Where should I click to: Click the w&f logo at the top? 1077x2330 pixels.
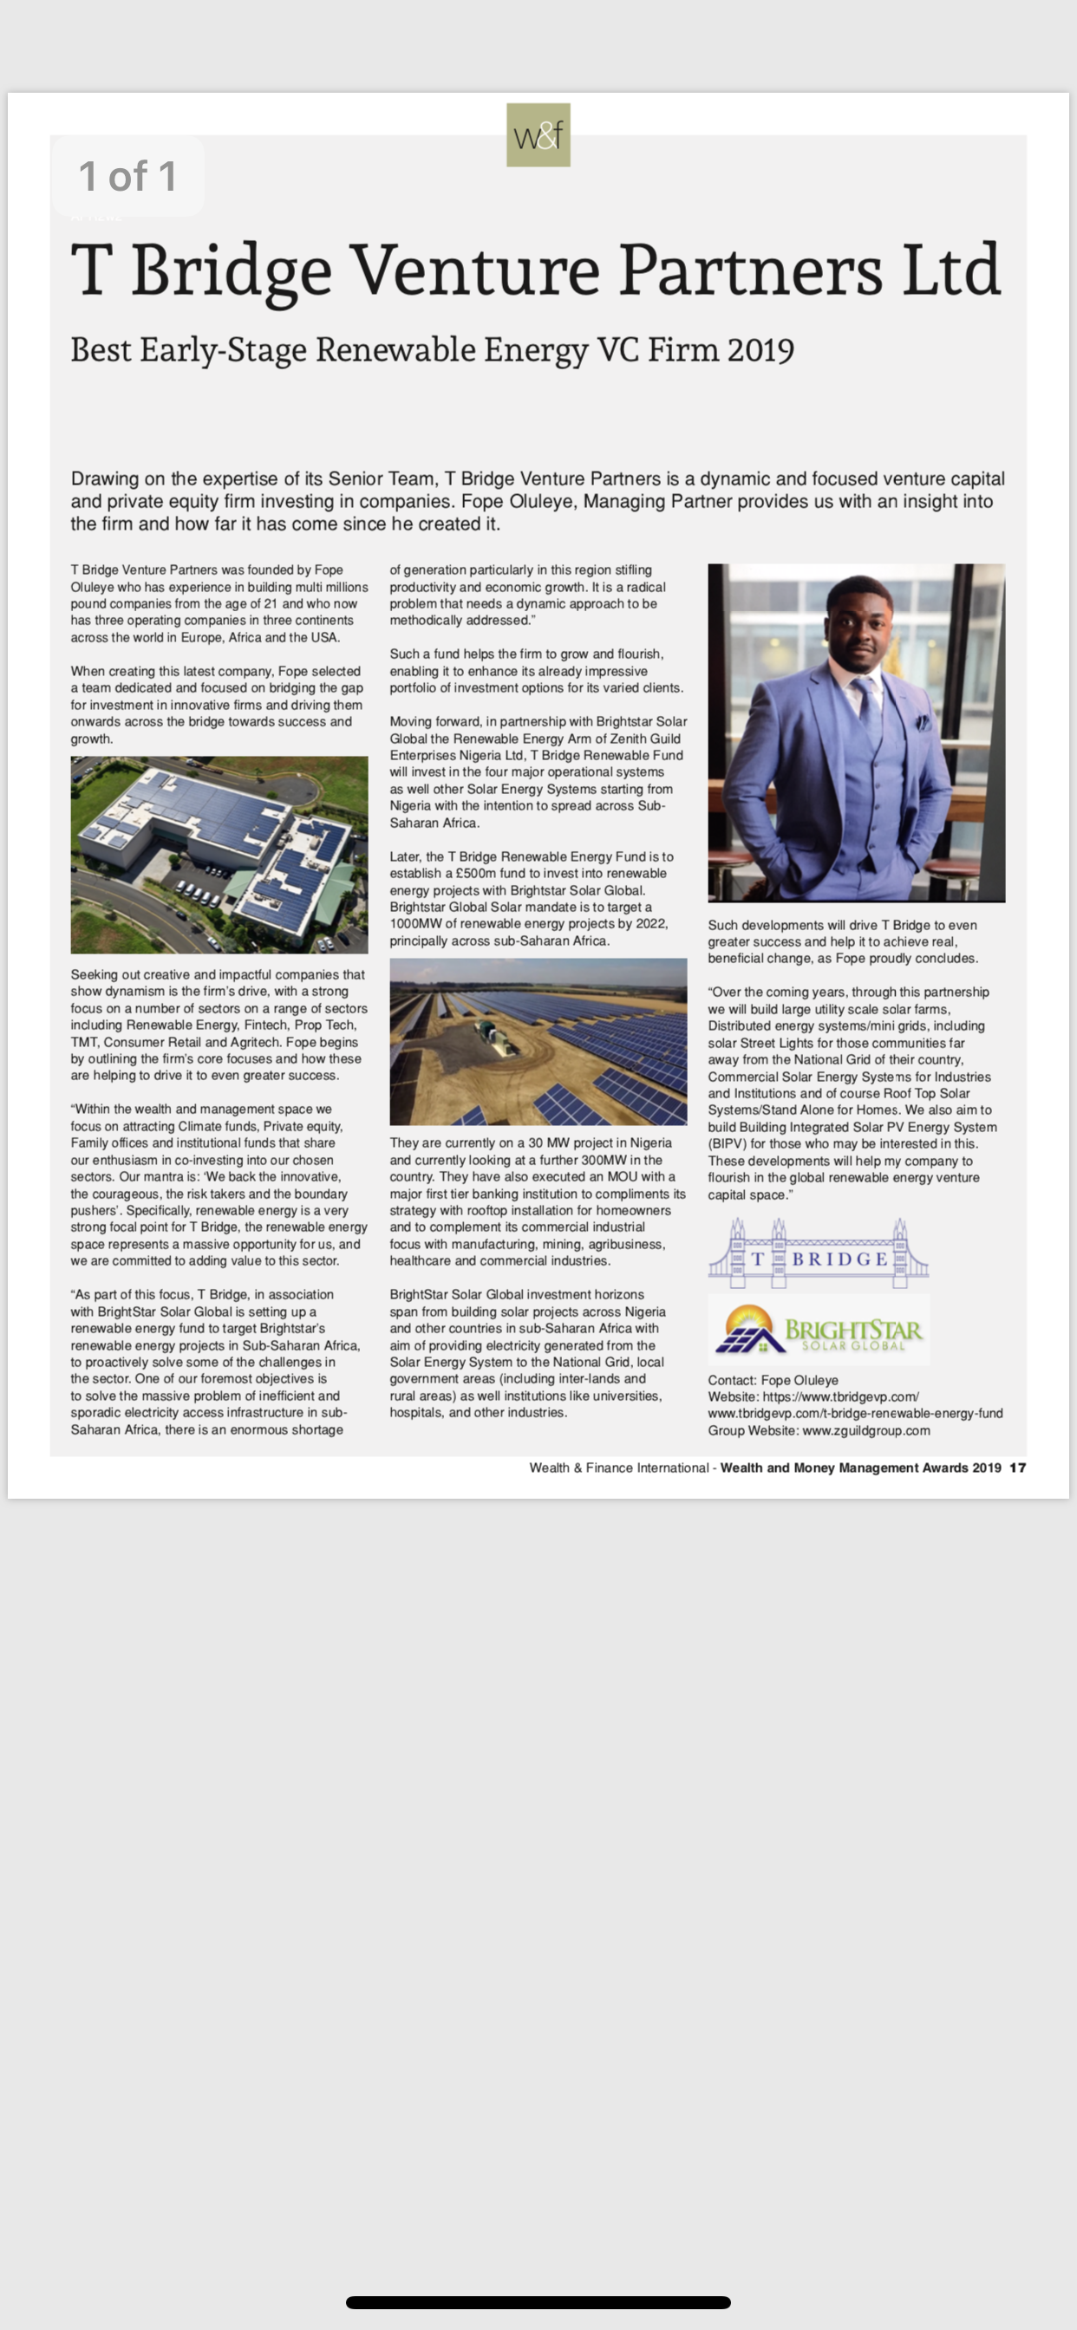click(538, 134)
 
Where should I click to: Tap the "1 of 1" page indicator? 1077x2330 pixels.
click(127, 175)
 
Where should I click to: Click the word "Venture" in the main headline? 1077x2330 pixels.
click(474, 270)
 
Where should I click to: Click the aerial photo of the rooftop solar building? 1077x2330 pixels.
click(219, 855)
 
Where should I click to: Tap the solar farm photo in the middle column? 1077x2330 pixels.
click(538, 1041)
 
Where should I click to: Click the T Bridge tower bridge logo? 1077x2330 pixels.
click(819, 1250)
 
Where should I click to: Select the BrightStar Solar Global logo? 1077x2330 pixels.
click(819, 1330)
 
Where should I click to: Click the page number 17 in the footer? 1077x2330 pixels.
click(1018, 1468)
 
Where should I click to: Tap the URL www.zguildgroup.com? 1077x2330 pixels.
click(866, 1430)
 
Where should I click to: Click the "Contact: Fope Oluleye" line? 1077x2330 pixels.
click(773, 1380)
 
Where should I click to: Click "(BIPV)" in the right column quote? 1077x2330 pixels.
click(728, 1143)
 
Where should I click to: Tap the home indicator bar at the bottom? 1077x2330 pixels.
click(538, 2302)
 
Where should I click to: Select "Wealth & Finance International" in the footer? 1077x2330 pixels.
click(619, 1468)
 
